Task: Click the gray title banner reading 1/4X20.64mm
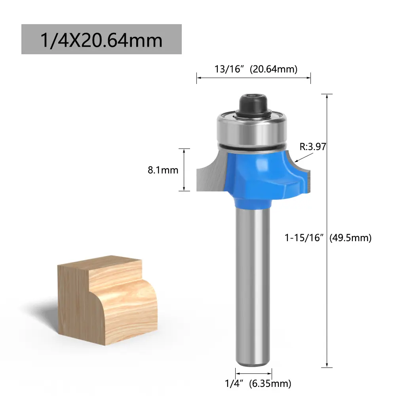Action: pos(101,39)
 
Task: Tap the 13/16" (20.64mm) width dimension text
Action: pos(256,69)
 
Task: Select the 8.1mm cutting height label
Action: pos(163,170)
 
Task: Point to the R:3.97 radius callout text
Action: pos(313,147)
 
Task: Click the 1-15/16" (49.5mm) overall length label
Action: pos(328,238)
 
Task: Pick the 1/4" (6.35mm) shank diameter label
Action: pos(258,383)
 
